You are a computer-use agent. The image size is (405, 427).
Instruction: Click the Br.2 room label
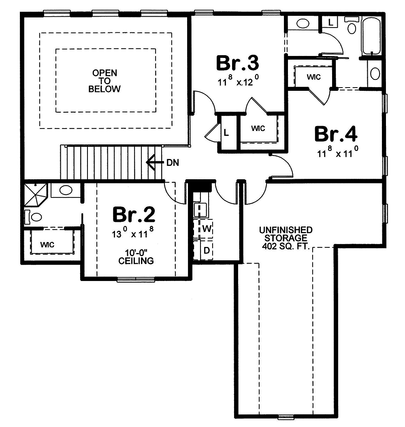pos(134,215)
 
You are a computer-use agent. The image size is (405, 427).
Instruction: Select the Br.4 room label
pos(336,134)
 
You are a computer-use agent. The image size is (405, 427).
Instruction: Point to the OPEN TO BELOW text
pos(105,81)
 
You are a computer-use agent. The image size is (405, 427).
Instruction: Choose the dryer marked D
pos(203,250)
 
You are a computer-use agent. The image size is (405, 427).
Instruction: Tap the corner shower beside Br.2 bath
pos(36,195)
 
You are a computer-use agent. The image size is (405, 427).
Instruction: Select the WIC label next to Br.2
pos(47,245)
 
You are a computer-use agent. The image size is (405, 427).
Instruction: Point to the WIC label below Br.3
pos(258,128)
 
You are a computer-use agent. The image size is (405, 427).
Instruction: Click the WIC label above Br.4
pos(314,77)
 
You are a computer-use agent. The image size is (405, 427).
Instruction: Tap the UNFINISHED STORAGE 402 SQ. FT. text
pos(286,238)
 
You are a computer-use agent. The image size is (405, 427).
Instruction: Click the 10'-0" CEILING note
pos(136,257)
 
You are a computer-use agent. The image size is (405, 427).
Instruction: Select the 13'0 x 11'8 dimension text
pos(133,233)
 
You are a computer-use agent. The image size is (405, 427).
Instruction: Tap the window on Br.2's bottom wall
pos(136,279)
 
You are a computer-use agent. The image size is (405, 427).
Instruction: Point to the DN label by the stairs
pos(173,163)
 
